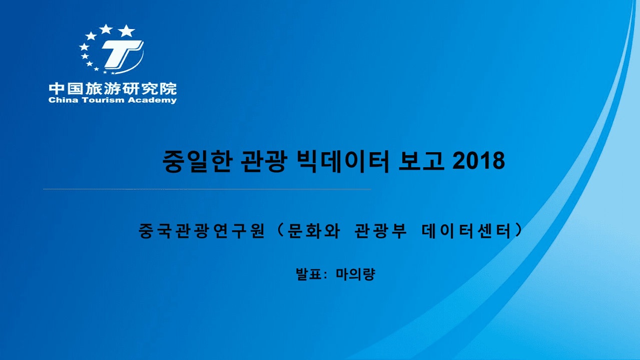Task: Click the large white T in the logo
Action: point(122,54)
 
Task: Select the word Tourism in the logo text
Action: point(103,100)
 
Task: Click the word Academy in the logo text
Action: point(152,100)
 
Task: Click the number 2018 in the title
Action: point(478,161)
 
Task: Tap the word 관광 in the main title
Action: point(264,161)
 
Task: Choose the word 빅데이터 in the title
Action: point(343,161)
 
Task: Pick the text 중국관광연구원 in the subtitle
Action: point(202,231)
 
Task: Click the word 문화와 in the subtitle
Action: point(313,231)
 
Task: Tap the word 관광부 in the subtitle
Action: point(380,231)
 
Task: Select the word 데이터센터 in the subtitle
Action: point(466,231)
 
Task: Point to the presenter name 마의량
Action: point(355,274)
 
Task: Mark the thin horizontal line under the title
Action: point(207,189)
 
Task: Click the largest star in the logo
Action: point(126,31)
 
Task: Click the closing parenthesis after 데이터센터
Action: point(518,231)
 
